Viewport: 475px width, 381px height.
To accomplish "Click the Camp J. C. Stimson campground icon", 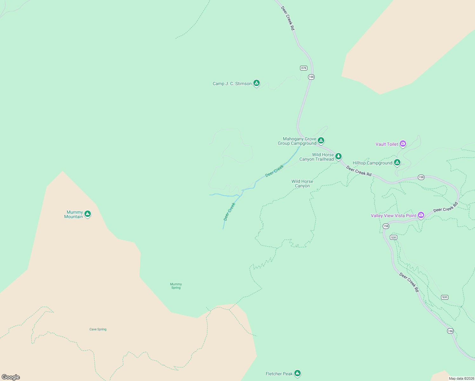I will coord(257,83).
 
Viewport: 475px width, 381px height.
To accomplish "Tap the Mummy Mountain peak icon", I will coord(88,214).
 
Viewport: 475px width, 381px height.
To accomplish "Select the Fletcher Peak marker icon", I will coord(297,373).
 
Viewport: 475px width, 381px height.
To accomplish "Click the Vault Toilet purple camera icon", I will coord(403,144).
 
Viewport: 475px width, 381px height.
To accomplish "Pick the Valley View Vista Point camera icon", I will coord(421,215).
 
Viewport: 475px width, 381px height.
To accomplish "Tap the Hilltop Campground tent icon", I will coord(397,163).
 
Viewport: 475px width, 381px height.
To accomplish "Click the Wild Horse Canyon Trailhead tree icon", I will coord(338,156).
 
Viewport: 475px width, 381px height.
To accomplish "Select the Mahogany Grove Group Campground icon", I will coord(321,140).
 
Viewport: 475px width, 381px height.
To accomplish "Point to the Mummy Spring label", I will coord(176,286).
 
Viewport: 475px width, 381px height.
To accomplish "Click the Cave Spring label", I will coord(98,329).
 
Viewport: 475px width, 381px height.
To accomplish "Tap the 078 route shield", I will coord(304,68).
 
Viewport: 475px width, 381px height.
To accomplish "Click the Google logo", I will coord(11,377).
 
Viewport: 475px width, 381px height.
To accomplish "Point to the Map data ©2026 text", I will coord(461,378).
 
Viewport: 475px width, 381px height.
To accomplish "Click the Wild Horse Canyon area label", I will coord(302,184).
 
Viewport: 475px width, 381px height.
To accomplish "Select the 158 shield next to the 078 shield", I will coord(311,77).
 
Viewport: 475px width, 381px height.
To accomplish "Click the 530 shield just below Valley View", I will coord(393,237).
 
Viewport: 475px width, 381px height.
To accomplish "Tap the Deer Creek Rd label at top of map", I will coord(288,18).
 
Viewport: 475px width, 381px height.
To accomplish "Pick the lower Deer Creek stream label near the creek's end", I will coord(229,211).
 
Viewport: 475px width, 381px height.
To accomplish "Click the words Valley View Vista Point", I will coord(393,216).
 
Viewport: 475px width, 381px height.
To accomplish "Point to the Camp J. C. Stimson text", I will coord(232,84).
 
